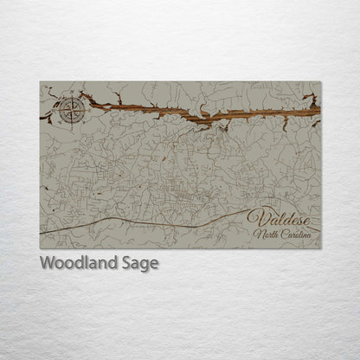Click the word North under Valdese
click(266, 235)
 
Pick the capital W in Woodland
click(48, 263)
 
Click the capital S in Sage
click(130, 263)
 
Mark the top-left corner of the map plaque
click(40, 82)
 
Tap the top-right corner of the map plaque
click(320, 82)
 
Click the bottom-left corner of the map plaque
click(40, 248)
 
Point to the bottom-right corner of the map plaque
click(320, 248)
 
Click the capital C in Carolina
click(282, 235)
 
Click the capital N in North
click(257, 235)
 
